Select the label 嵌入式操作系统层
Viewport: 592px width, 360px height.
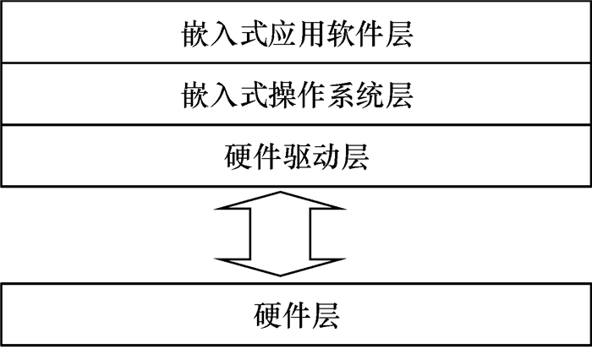(x=296, y=96)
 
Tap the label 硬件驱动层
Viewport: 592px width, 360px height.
(x=296, y=155)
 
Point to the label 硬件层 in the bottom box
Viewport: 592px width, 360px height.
(x=296, y=315)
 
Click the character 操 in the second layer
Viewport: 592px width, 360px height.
(x=282, y=96)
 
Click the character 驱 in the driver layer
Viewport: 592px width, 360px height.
(x=296, y=155)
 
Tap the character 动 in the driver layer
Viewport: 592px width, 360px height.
(x=325, y=155)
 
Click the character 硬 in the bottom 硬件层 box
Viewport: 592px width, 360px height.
(x=267, y=315)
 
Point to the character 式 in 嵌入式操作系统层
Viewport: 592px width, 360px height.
(x=253, y=96)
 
